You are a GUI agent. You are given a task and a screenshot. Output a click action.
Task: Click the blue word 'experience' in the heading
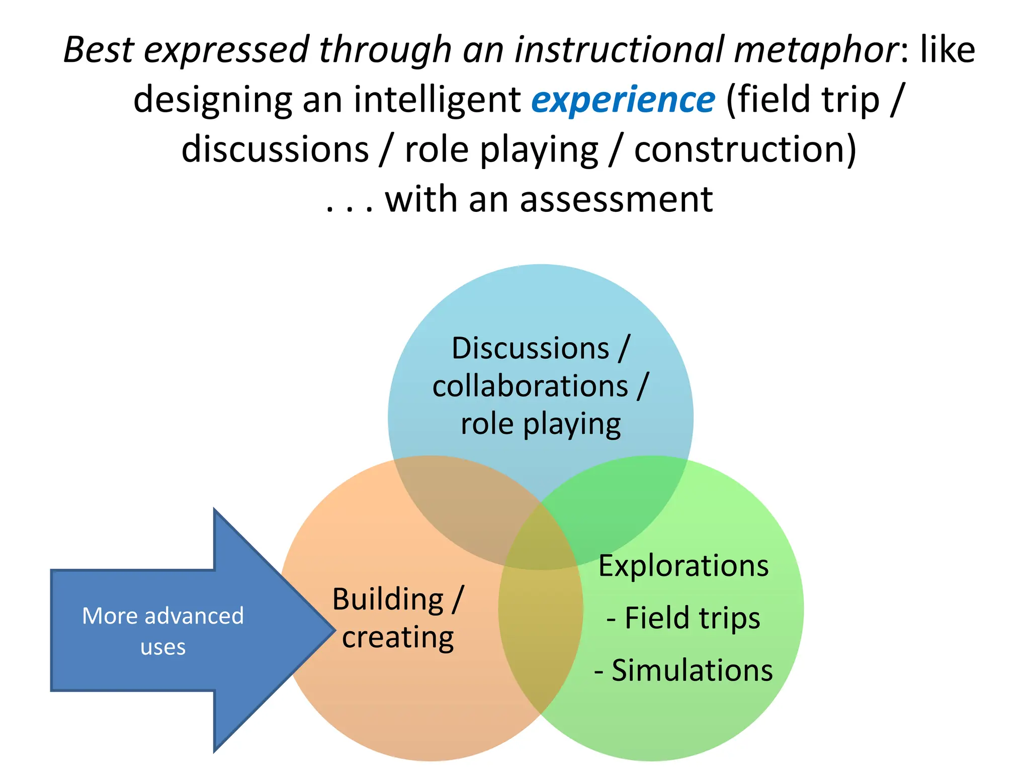click(x=623, y=100)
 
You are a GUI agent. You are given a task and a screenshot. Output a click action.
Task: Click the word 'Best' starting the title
click(x=99, y=50)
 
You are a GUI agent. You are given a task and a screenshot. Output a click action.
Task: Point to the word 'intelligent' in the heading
click(x=437, y=100)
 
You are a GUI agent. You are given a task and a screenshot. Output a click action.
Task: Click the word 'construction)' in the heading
click(x=745, y=150)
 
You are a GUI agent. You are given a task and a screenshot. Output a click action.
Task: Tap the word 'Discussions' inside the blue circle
click(x=530, y=348)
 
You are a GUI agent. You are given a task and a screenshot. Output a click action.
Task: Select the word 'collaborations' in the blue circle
click(x=530, y=386)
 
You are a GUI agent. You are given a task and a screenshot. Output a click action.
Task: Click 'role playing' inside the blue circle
click(x=541, y=424)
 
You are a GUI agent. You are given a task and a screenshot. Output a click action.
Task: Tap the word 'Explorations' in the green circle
click(x=683, y=566)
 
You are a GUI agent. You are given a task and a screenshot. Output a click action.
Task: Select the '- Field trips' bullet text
click(x=683, y=618)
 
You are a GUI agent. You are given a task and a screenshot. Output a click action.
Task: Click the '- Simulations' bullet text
click(x=683, y=670)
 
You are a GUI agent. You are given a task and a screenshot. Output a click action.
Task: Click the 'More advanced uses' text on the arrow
click(x=163, y=631)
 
